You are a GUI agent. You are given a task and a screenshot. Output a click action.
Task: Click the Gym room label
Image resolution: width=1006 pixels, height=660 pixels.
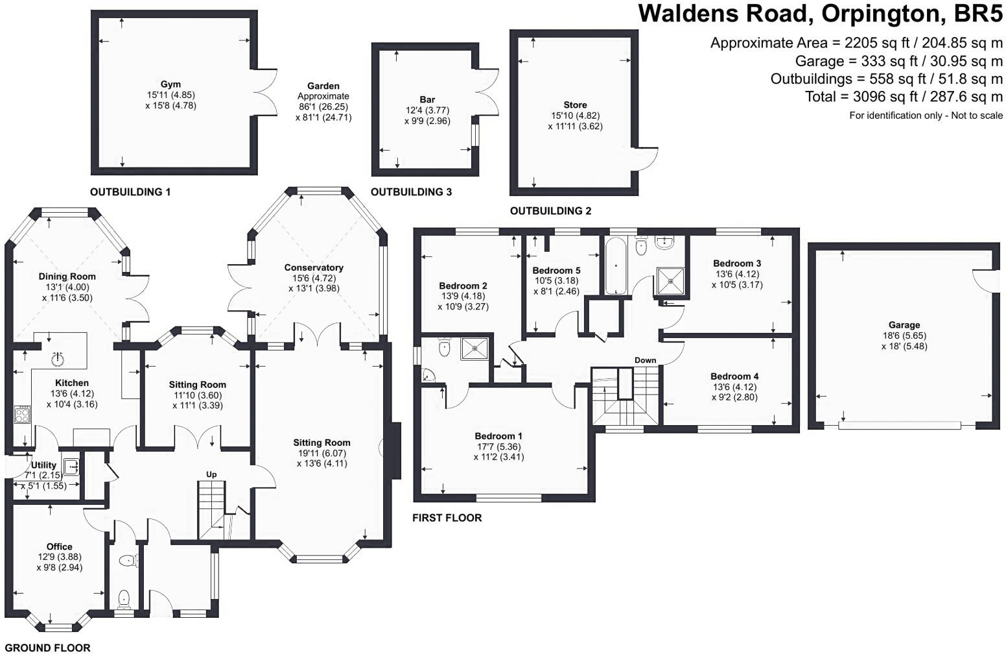170,84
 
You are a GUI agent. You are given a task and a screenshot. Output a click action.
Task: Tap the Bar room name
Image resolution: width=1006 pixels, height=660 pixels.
427,99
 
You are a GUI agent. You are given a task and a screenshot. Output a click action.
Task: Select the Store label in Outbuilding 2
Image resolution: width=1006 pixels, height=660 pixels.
576,104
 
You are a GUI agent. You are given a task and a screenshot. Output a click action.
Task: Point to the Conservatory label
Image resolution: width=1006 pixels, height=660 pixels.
314,267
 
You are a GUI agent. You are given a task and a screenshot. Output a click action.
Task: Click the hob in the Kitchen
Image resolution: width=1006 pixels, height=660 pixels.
22,414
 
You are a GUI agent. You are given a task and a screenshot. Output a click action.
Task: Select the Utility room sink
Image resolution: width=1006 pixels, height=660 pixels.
71,466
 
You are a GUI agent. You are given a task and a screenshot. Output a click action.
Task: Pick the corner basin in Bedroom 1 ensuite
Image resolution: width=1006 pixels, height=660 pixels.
428,375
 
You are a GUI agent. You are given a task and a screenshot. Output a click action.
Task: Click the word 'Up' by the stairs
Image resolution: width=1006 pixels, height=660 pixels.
211,474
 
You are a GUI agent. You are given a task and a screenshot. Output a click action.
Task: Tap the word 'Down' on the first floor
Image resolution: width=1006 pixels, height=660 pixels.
646,360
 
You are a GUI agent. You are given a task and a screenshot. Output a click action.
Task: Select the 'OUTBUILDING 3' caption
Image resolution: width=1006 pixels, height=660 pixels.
411,192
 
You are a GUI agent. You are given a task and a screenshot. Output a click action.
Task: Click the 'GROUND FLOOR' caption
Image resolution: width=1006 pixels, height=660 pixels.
47,648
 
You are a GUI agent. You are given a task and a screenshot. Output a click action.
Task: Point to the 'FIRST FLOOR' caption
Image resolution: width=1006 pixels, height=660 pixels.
447,518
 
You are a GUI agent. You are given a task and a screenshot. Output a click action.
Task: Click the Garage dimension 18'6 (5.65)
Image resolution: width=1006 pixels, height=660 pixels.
904,336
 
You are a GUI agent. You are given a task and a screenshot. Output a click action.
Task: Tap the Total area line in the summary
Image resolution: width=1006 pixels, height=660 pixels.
904,97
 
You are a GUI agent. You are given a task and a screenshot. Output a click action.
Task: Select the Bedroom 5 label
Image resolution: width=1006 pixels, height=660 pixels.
556,270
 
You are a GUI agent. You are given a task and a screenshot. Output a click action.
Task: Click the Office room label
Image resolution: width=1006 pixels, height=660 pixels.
59,546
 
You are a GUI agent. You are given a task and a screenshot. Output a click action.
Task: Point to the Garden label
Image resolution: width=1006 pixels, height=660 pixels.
323,86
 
